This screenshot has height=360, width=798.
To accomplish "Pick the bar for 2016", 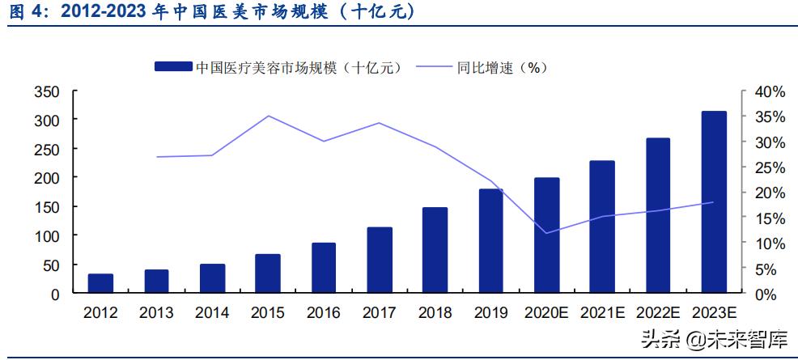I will click(x=324, y=266).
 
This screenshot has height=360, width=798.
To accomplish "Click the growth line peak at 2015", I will click(x=268, y=116).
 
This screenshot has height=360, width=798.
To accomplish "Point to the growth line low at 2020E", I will click(x=546, y=233).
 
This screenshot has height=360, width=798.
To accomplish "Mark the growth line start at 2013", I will click(x=156, y=157).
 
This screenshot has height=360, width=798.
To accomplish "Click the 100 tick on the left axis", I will click(x=46, y=236).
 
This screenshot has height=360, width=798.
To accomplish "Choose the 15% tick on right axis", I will click(x=769, y=218).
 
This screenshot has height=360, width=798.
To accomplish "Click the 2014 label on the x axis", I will click(x=212, y=312).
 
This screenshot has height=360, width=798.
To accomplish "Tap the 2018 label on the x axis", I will click(x=435, y=312).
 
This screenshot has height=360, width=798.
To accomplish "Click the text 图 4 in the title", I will click(x=23, y=13).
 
